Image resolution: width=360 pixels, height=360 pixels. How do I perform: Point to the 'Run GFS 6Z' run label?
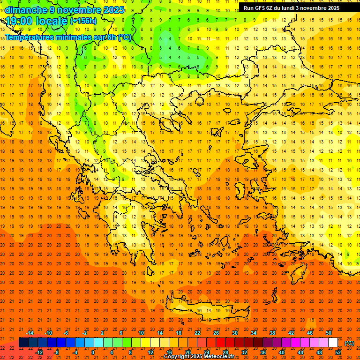coord(259,8)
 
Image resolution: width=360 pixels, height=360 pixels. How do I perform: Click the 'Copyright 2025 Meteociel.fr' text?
coord(199,357)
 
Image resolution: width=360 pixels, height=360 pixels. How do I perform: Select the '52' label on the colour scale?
coord(338,352)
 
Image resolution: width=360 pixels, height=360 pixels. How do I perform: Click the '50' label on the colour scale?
coord(329,333)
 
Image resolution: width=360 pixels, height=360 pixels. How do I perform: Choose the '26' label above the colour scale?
coord(216,333)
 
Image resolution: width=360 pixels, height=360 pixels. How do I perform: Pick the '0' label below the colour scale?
coord(93,352)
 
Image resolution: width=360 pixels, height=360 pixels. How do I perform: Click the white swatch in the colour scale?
coord(333,343)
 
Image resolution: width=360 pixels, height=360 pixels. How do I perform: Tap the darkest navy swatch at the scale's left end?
coord(23,343)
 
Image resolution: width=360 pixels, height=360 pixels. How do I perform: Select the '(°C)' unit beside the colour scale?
coord(349,343)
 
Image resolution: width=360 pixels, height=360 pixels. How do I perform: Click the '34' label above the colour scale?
coord(254,333)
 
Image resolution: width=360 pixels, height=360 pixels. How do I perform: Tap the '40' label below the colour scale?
coord(282,352)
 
